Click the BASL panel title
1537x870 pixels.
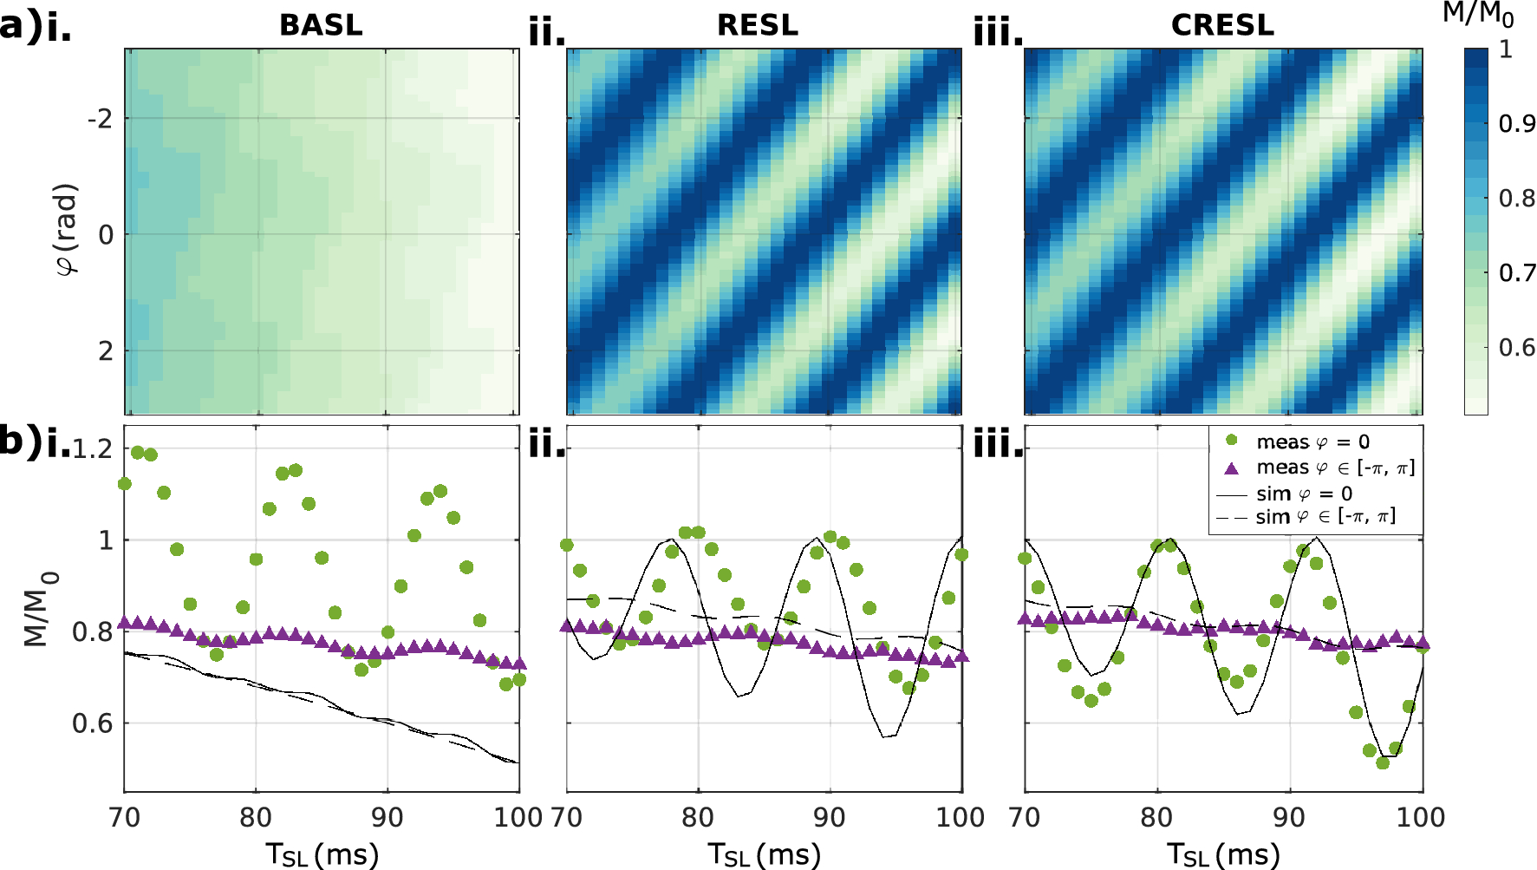tap(321, 25)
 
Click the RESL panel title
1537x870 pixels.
tap(757, 25)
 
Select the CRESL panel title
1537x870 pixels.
tap(1222, 25)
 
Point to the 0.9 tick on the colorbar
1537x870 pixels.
tap(1516, 124)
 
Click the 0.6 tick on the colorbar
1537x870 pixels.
tap(1516, 348)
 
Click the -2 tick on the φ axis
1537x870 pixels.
tap(100, 119)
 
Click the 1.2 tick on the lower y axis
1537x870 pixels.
tap(93, 449)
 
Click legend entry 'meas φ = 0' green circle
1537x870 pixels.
tap(1231, 442)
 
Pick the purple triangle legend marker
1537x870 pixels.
tap(1231, 468)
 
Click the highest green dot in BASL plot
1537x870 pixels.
tap(137, 452)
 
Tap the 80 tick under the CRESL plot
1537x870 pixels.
tap(1156, 817)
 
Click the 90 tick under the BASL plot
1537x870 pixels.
tap(387, 817)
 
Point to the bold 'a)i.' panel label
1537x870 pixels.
tap(35, 27)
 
